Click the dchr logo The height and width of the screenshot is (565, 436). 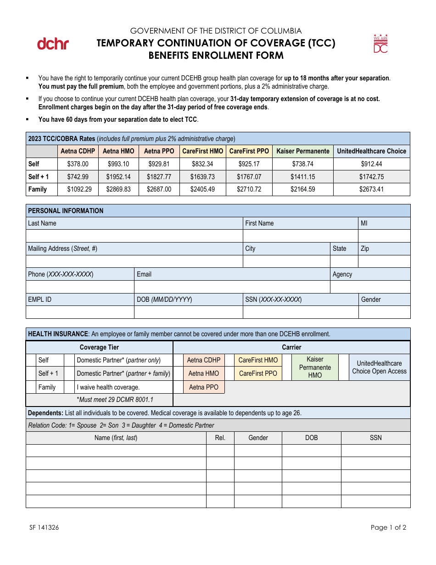(x=53, y=44)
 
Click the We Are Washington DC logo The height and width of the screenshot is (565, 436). (x=380, y=44)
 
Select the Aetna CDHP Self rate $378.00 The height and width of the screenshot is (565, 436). (x=78, y=164)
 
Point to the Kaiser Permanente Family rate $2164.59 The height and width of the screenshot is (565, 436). (x=302, y=189)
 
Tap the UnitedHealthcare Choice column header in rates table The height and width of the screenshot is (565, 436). (x=371, y=151)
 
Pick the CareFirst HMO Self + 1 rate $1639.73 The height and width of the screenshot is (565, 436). (x=202, y=177)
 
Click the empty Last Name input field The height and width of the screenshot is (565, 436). (x=134, y=236)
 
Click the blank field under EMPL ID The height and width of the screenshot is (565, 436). (x=80, y=312)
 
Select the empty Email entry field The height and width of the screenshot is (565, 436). (x=232, y=287)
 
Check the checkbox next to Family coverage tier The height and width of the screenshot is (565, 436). (x=31, y=387)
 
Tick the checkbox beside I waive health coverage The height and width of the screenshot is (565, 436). (x=69, y=387)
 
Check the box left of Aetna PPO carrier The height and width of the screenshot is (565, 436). (x=178, y=387)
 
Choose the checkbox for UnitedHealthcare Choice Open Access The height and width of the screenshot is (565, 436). (x=344, y=367)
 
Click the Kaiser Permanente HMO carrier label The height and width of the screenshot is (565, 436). (x=315, y=367)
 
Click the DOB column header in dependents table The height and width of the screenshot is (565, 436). (x=311, y=438)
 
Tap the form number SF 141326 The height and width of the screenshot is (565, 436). (x=44, y=527)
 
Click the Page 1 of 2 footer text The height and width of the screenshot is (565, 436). (x=388, y=527)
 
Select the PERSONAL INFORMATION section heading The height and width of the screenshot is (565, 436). (x=66, y=211)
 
